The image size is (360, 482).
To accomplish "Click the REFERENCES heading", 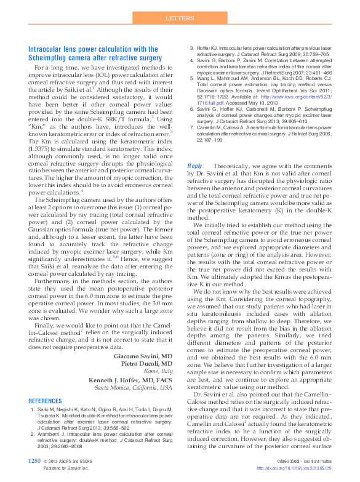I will pos(46,401).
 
